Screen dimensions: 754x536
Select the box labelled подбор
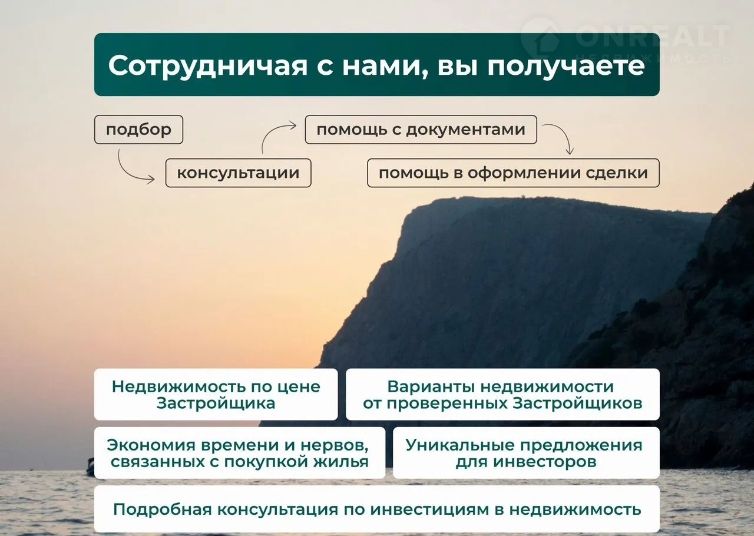[x=138, y=130]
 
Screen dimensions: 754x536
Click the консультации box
[x=239, y=173]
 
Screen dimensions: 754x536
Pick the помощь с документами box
[x=421, y=130]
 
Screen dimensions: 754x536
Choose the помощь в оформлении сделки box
[x=513, y=173]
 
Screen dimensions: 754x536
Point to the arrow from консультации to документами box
[x=271, y=133]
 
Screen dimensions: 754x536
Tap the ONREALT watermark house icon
[x=541, y=38]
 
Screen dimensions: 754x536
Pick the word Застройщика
[x=216, y=403]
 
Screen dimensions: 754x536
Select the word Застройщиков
[x=577, y=403]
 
